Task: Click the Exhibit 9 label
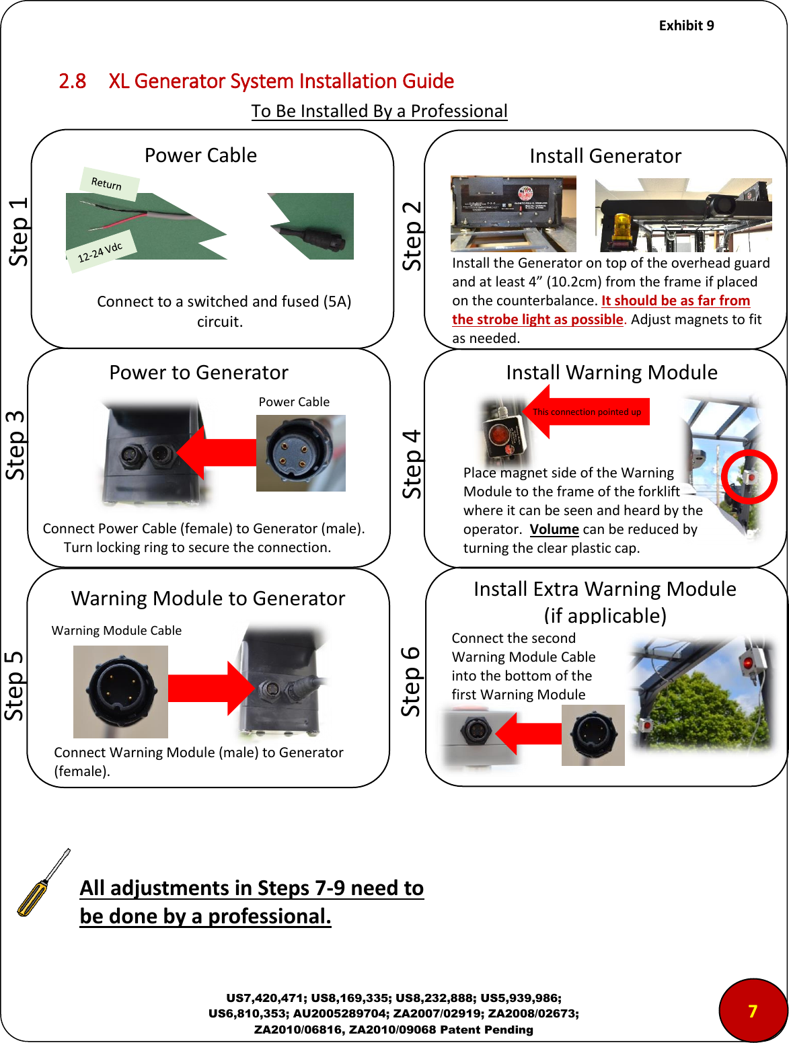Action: point(686,26)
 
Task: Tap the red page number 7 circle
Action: point(753,1010)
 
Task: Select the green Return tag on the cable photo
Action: point(108,184)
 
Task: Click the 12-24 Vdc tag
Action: point(100,252)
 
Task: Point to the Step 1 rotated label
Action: point(18,231)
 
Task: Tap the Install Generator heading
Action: point(605,156)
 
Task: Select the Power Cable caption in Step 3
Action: point(294,402)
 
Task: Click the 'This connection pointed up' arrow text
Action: point(587,412)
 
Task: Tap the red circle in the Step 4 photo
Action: point(749,477)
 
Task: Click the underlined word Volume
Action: point(554,529)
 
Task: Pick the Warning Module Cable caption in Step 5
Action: point(116,631)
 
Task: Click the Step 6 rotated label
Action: point(410,681)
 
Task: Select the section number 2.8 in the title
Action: point(72,81)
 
